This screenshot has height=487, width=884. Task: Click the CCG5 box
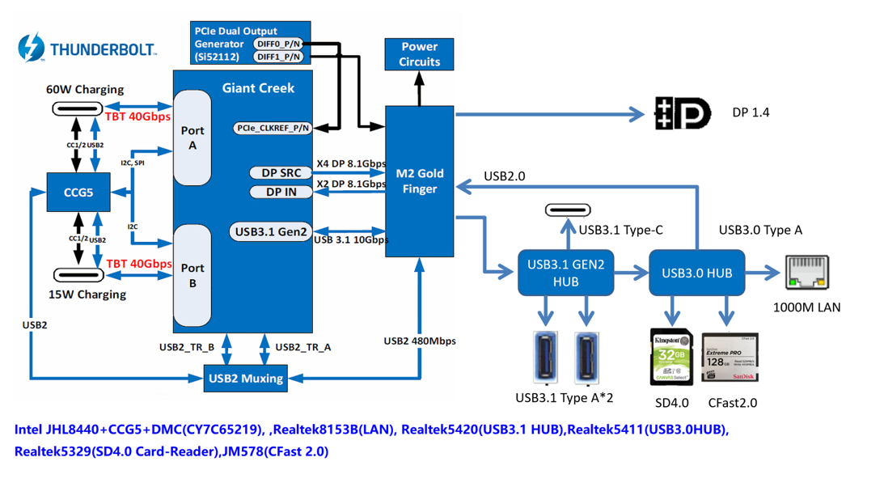tap(78, 193)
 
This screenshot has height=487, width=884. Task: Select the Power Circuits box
tap(419, 54)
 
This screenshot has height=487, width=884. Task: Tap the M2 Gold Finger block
tap(419, 181)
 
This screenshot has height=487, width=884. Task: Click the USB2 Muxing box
tap(245, 378)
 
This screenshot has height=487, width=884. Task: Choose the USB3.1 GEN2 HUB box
tap(565, 273)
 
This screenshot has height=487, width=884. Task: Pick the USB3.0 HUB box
tap(696, 273)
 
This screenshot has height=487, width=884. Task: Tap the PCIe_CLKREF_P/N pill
tap(273, 128)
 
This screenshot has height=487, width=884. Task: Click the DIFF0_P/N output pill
tap(278, 44)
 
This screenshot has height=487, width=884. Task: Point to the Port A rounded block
tap(192, 138)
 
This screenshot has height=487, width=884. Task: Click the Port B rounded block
tap(192, 275)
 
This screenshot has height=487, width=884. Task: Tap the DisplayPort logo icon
tap(682, 113)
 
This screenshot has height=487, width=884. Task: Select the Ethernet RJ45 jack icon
tap(807, 273)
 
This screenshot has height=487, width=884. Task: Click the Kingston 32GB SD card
tap(670, 357)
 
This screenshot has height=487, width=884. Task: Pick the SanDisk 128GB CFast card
tap(730, 358)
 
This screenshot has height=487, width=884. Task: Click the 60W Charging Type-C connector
tap(77, 108)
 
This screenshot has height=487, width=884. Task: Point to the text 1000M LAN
tap(806, 307)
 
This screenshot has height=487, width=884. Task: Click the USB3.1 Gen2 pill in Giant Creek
tap(270, 231)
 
